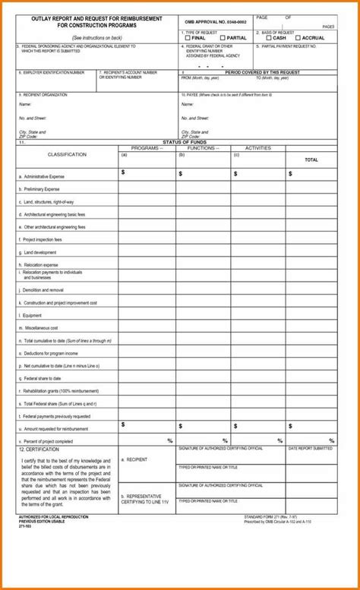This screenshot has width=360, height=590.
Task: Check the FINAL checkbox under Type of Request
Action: click(187, 38)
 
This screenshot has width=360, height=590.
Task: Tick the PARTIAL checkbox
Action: click(223, 38)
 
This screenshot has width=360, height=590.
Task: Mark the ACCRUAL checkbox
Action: click(298, 38)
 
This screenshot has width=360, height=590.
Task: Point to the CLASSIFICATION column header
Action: click(67, 154)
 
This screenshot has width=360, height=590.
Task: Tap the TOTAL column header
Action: click(311, 160)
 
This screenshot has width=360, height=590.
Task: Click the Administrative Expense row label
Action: click(44, 175)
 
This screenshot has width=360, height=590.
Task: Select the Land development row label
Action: click(39, 252)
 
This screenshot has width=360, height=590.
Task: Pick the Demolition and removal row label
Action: click(42, 290)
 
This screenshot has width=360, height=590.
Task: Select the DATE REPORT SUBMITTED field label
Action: click(310, 449)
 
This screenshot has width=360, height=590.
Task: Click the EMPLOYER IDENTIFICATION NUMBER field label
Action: click(52, 72)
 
